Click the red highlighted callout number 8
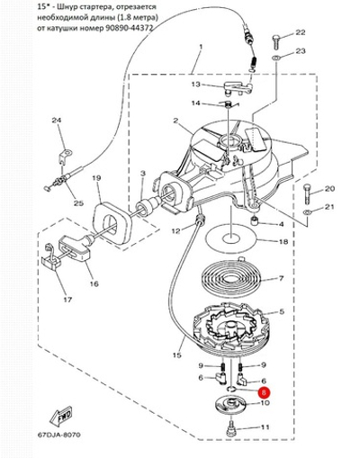(x=264, y=392)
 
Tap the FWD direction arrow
(x=61, y=417)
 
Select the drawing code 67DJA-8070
(x=59, y=435)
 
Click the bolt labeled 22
(x=276, y=42)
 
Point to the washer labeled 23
(x=276, y=58)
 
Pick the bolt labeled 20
(x=307, y=193)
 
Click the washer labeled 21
(x=307, y=212)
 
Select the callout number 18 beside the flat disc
(x=283, y=241)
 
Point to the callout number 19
(x=96, y=178)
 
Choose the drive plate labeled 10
(x=231, y=405)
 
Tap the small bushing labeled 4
(x=255, y=223)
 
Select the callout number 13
(x=196, y=85)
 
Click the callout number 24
(x=57, y=121)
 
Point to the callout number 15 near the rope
(x=177, y=355)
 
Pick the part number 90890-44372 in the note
(x=130, y=28)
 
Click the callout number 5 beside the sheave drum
(x=282, y=312)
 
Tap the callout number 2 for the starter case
(x=175, y=121)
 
